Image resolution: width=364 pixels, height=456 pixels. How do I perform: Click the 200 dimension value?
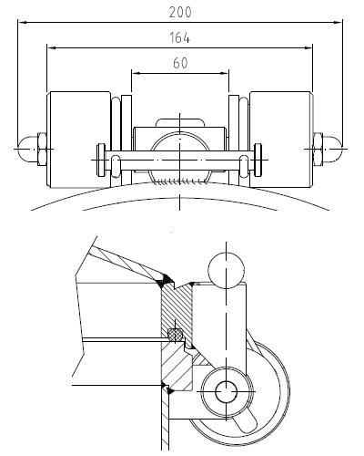coord(180,13)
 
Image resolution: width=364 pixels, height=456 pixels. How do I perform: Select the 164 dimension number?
coord(179,38)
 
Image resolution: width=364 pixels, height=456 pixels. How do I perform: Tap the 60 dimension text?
coord(180,63)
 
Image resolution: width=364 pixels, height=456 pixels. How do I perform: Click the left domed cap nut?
coord(27,149)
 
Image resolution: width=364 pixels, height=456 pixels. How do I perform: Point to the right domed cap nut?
coord(333,149)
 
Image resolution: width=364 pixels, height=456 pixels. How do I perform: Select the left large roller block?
coord(78,140)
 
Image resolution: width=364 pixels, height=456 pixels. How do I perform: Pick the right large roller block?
coord(281,140)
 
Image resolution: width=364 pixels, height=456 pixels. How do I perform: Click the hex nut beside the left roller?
coord(42,149)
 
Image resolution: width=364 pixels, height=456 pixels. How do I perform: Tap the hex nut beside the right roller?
coord(318,149)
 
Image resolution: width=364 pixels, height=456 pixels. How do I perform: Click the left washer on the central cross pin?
coord(101,160)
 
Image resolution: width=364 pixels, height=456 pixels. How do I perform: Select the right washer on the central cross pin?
coord(258,160)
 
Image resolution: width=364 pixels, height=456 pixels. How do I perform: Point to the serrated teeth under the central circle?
coord(179,181)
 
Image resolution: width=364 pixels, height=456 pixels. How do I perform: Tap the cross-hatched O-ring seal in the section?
coord(176,334)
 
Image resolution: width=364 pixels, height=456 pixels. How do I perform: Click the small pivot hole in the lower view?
coord(226,391)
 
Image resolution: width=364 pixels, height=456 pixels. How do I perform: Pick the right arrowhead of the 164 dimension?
coord(308,47)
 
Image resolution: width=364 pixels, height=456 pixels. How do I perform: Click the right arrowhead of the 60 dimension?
coord(224,73)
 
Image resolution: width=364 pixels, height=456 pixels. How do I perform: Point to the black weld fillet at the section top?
coord(166,280)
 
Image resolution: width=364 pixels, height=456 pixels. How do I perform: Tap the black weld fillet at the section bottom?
coord(167,389)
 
